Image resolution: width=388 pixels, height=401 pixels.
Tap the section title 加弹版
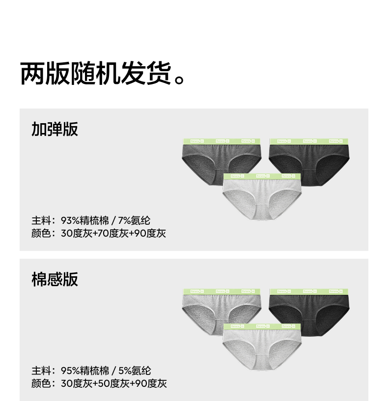[55, 129]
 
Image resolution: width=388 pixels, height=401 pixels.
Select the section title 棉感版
[55, 279]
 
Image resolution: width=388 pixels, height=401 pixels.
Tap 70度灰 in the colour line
[113, 234]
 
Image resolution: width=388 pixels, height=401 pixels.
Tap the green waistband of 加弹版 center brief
[262, 176]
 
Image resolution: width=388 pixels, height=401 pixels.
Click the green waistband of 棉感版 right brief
[309, 292]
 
